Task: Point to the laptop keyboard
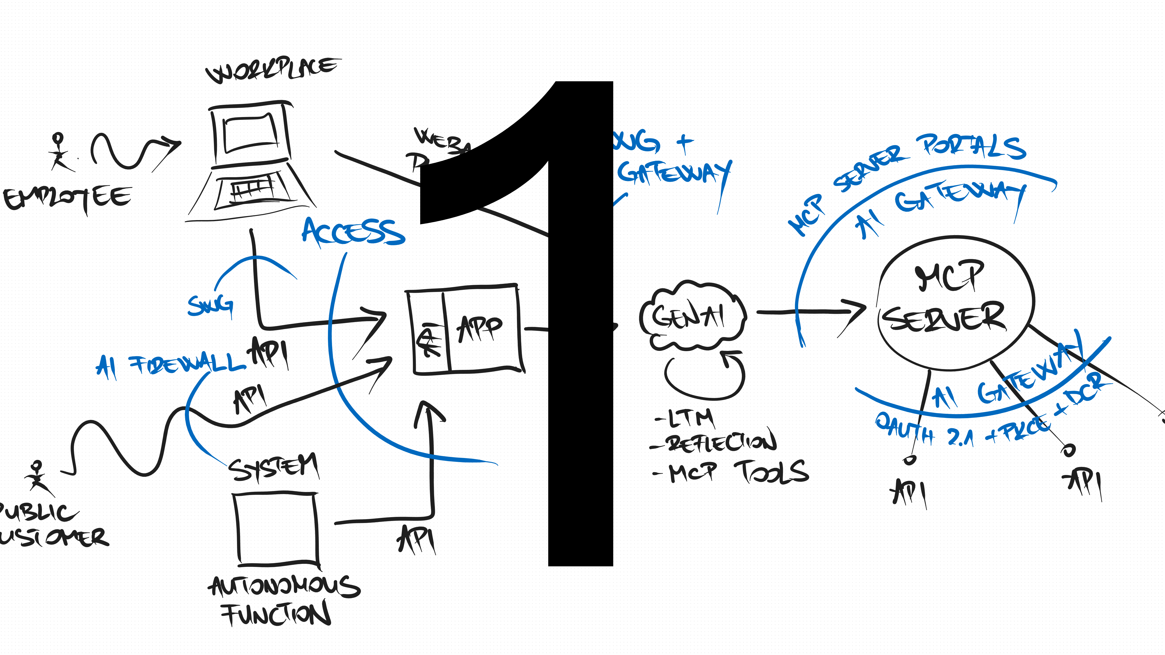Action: (x=252, y=191)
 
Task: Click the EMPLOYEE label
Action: (x=68, y=199)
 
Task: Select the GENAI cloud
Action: (x=692, y=316)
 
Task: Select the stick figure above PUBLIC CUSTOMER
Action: (x=37, y=477)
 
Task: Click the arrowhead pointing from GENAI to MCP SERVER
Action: (x=853, y=312)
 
